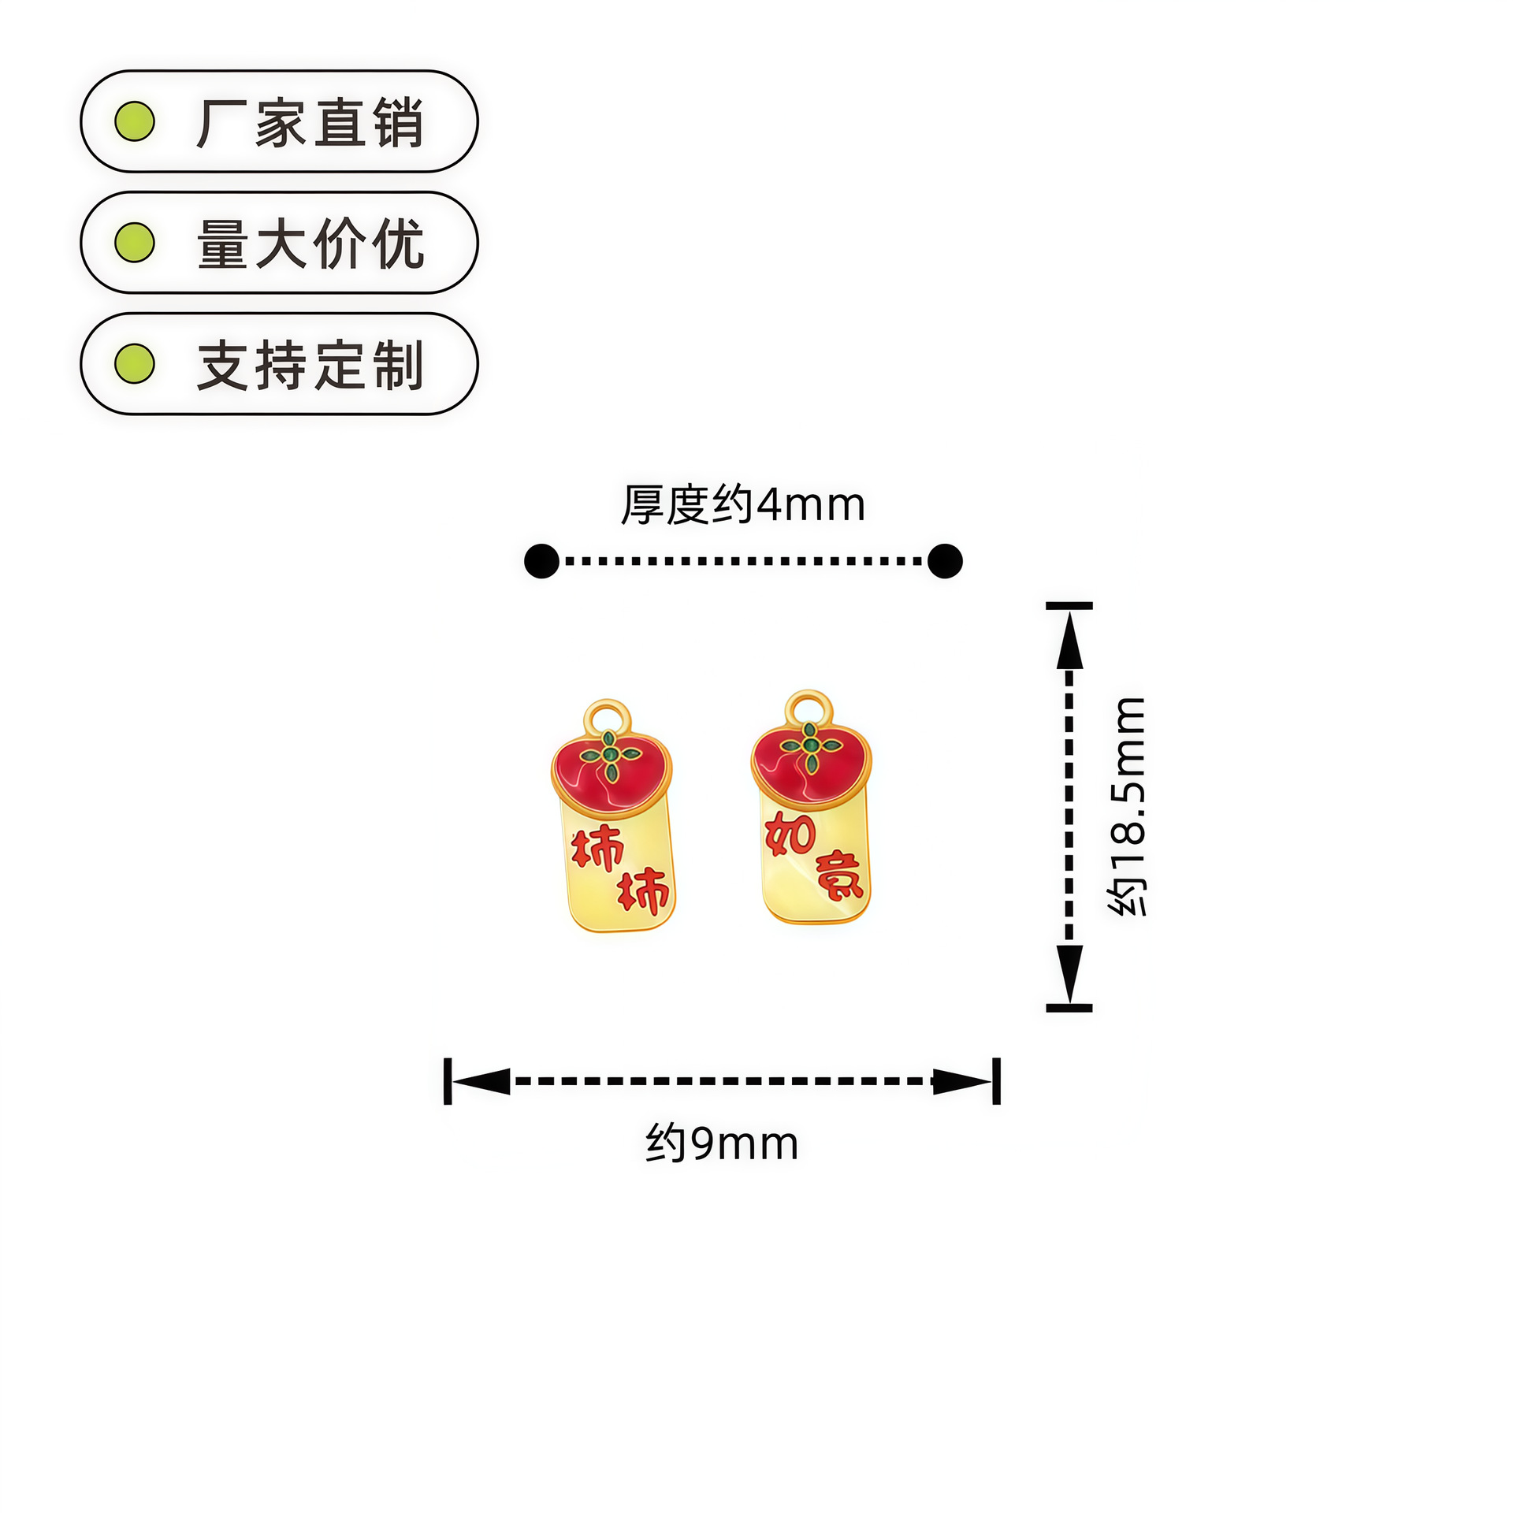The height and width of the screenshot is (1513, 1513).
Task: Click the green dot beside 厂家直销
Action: [135, 121]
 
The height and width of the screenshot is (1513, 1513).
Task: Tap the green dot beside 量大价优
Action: [135, 242]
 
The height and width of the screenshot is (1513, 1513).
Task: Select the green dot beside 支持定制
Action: [135, 363]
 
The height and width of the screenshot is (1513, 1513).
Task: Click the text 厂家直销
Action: [310, 123]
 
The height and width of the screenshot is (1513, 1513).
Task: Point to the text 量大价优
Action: [310, 243]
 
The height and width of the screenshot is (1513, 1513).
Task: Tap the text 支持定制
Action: [310, 365]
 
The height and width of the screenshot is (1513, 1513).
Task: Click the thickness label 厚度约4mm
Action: [742, 504]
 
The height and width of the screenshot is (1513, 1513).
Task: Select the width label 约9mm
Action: [722, 1143]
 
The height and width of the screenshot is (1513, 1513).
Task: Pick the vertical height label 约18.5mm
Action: [1127, 805]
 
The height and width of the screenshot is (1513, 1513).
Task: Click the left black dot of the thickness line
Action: [541, 561]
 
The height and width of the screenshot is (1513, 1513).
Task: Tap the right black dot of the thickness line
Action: [945, 561]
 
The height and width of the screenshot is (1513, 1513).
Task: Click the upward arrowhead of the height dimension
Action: [1069, 640]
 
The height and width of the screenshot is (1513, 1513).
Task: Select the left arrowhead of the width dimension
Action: [481, 1081]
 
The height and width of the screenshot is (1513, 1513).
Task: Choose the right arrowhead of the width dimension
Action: [963, 1081]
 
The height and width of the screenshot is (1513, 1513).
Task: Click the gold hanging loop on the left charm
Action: [608, 718]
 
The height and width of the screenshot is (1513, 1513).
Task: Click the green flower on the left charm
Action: [609, 755]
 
